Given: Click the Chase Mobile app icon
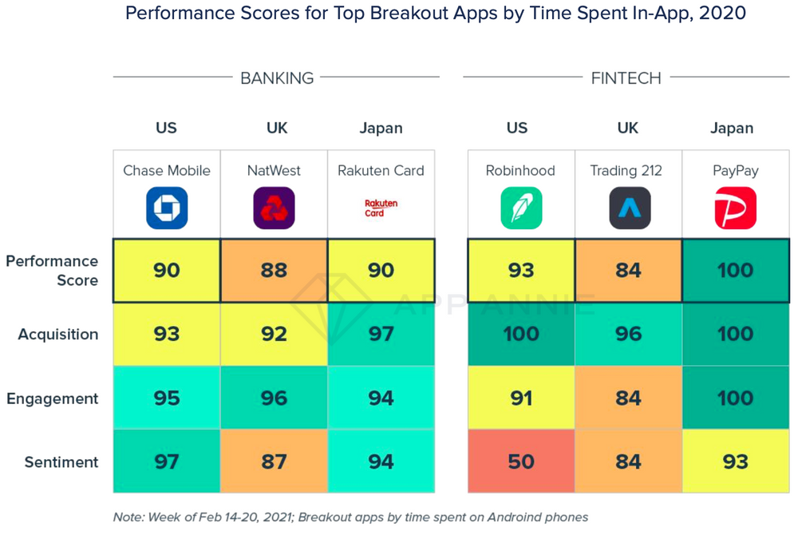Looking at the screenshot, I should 167,208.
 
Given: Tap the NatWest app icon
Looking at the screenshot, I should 274,208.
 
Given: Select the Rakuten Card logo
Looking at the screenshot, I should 381,208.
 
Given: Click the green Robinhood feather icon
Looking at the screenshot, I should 521,208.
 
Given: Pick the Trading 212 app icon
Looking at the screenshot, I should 629,208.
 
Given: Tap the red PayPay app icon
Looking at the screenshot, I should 735,208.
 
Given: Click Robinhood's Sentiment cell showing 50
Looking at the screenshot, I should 521,462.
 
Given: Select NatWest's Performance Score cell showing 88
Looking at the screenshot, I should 274,270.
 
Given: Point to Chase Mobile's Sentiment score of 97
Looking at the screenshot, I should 167,462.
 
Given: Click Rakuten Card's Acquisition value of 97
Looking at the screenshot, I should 381,334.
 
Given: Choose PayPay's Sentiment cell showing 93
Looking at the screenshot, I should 735,462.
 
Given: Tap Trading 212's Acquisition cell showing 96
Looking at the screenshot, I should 629,334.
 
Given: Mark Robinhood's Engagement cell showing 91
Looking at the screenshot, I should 521,398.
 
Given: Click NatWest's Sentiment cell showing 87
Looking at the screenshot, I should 274,462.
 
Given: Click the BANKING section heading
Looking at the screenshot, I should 277,77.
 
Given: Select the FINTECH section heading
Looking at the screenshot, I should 626,77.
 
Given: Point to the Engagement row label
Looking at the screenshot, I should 53,398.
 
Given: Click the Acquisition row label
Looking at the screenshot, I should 58,335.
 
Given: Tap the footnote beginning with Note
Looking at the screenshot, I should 350,517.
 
